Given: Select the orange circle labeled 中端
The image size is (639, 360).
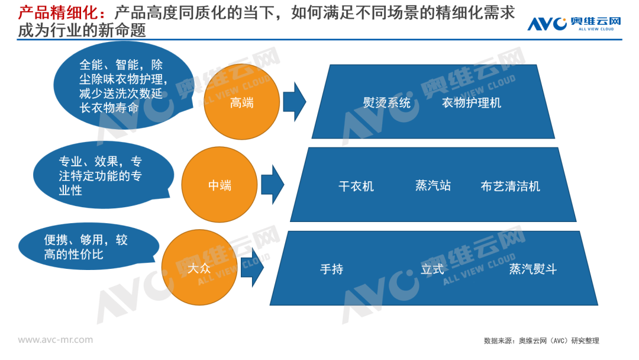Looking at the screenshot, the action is (220, 185).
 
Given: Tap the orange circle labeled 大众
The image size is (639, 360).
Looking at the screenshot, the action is (199, 268).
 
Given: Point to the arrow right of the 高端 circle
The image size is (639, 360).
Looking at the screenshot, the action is (294, 102).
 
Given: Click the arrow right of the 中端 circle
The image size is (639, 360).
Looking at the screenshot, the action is (272, 184).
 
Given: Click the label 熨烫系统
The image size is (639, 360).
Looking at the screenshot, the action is (386, 102).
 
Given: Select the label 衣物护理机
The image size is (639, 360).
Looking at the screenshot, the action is (471, 102).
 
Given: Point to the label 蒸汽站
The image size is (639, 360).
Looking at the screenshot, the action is (433, 185).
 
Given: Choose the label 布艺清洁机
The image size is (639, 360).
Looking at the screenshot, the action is (510, 187).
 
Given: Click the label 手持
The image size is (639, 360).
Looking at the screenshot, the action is (331, 269).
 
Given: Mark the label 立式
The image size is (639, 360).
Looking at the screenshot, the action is (432, 269).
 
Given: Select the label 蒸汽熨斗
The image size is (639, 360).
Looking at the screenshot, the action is (532, 269).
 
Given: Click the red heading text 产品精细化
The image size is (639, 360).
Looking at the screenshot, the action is (54, 12).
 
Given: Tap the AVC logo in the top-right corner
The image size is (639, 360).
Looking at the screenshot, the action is (574, 23).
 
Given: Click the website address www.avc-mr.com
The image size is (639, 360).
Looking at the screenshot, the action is (55, 340).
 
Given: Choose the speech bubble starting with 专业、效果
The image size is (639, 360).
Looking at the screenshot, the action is (102, 176).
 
